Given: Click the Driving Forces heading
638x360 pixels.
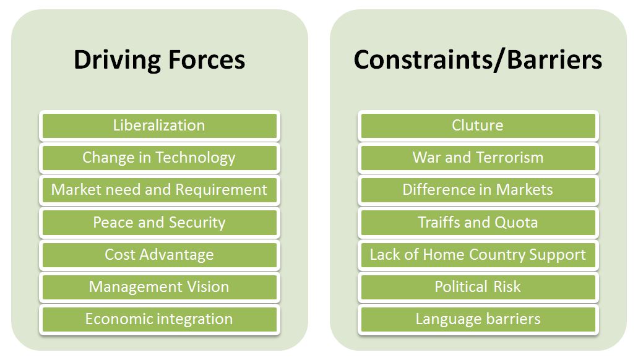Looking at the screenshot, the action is point(159,60).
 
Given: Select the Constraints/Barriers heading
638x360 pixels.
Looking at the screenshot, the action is point(478,60).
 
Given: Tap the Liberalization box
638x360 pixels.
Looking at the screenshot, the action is point(160,126).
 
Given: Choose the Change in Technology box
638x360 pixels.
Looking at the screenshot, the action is point(160,158).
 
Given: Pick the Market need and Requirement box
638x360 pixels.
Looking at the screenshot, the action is point(160,190).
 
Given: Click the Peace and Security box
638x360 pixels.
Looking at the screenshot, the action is point(160,223).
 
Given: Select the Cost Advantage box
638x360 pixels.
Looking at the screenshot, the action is point(160,255).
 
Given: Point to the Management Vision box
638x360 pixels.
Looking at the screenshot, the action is point(160,287).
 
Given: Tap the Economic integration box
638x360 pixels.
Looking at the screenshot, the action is point(160,319).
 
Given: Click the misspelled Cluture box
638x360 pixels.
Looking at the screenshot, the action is point(478,126).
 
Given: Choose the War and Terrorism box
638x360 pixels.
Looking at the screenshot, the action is point(478,158).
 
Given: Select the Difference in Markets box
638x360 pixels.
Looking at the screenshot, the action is point(478,190).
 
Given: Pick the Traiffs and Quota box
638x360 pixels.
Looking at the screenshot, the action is point(478,223).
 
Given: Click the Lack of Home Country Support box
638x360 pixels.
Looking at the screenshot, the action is point(478,255).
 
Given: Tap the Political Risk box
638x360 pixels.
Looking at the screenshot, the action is point(478,287).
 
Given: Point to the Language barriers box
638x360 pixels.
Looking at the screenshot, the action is point(478,319).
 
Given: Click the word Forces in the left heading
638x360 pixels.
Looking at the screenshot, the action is point(207,60).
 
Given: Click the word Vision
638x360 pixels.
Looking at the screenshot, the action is point(208,287).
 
